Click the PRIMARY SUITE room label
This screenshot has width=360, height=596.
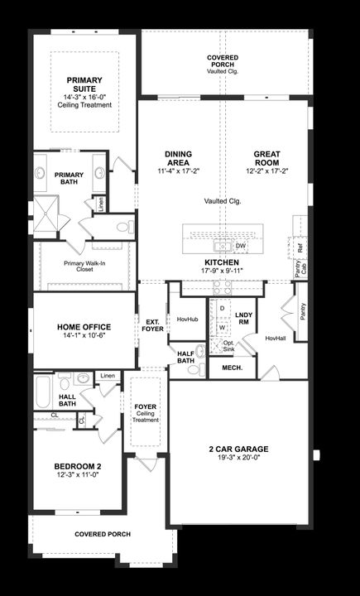tap(84, 84)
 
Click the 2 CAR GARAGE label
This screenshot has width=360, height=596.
tap(242, 449)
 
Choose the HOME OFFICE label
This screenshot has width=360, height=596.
tap(84, 327)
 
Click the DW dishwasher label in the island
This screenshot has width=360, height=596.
tap(241, 246)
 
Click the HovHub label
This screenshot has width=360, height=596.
tap(188, 319)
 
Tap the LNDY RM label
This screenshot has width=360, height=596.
tap(243, 319)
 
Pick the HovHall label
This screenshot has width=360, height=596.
tap(275, 338)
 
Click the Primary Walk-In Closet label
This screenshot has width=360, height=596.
tap(84, 267)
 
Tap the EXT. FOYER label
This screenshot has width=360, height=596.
tap(153, 325)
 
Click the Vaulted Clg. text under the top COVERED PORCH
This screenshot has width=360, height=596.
tap(223, 71)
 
